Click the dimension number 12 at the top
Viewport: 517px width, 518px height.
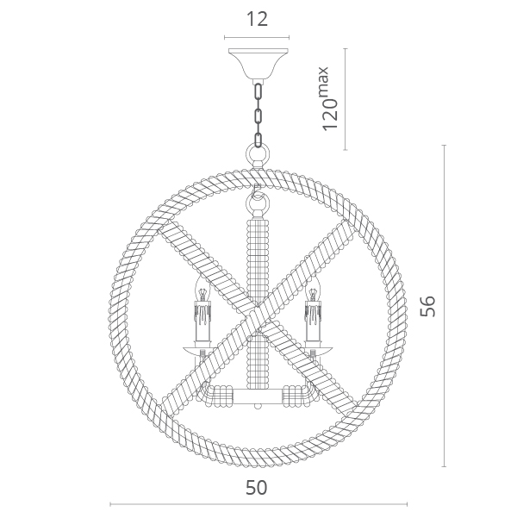[257, 19]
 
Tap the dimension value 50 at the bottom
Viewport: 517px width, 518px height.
[257, 488]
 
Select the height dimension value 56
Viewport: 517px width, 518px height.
[427, 306]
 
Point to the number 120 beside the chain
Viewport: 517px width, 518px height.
[330, 114]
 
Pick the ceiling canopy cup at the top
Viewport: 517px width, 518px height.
[258, 64]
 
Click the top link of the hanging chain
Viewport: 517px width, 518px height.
[258, 91]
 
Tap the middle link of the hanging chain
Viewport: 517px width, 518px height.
[258, 116]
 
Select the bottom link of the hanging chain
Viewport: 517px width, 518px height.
[258, 140]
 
